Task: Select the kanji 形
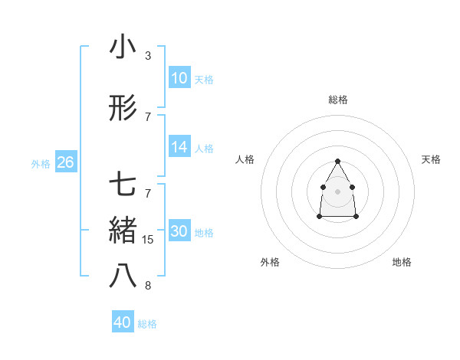123,109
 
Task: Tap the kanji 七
123,185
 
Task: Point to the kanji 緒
123,231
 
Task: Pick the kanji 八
123,277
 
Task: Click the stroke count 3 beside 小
148,56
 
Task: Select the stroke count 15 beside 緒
149,240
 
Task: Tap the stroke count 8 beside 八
148,286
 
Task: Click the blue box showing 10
179,78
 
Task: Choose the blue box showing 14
179,147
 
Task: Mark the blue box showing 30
179,231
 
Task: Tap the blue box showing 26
65,162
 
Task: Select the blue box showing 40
123,322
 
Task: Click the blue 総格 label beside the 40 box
147,324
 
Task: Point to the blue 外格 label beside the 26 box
41,163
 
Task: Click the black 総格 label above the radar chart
337,100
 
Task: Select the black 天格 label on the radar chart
431,159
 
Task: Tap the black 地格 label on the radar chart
402,262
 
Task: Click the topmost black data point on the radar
337,161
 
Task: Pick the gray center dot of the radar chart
337,191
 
